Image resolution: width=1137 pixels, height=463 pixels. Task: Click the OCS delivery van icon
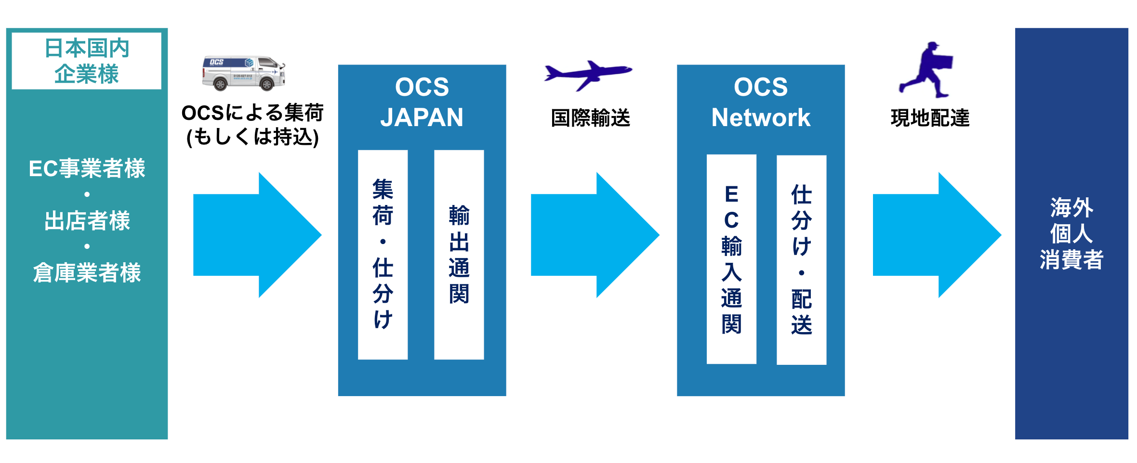(243, 73)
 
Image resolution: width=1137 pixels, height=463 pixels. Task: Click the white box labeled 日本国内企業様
(87, 61)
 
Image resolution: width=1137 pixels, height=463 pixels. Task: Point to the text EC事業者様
(87, 168)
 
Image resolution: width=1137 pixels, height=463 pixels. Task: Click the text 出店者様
(87, 221)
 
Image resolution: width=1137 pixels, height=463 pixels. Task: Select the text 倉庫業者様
(87, 273)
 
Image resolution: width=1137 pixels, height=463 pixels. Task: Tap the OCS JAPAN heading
(422, 102)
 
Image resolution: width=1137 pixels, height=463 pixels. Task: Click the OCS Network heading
(761, 102)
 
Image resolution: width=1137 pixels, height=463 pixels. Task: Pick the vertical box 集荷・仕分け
(383, 255)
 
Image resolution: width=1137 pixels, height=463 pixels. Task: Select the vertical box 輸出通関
(459, 255)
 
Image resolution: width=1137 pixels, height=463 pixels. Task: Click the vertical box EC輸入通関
(731, 259)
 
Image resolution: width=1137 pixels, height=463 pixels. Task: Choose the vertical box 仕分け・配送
(801, 259)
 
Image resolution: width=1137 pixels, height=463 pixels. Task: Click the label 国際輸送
(591, 118)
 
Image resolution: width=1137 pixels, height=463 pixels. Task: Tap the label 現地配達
(930, 118)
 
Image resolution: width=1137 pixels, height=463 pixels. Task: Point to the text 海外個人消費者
(1071, 233)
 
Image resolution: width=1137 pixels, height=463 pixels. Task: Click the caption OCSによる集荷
(252, 113)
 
